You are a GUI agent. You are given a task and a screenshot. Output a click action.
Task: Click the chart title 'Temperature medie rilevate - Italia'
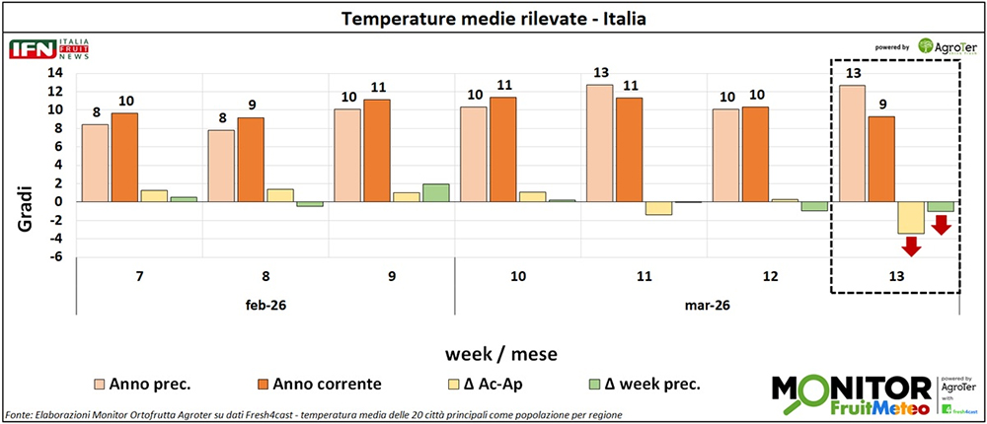(493, 19)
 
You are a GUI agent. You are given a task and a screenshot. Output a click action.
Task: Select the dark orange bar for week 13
(882, 159)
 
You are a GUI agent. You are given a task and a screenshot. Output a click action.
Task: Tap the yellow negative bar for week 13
(911, 218)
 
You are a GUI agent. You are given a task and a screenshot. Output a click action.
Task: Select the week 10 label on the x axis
(518, 277)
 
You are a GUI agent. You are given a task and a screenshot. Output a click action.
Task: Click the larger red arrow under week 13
(911, 246)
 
